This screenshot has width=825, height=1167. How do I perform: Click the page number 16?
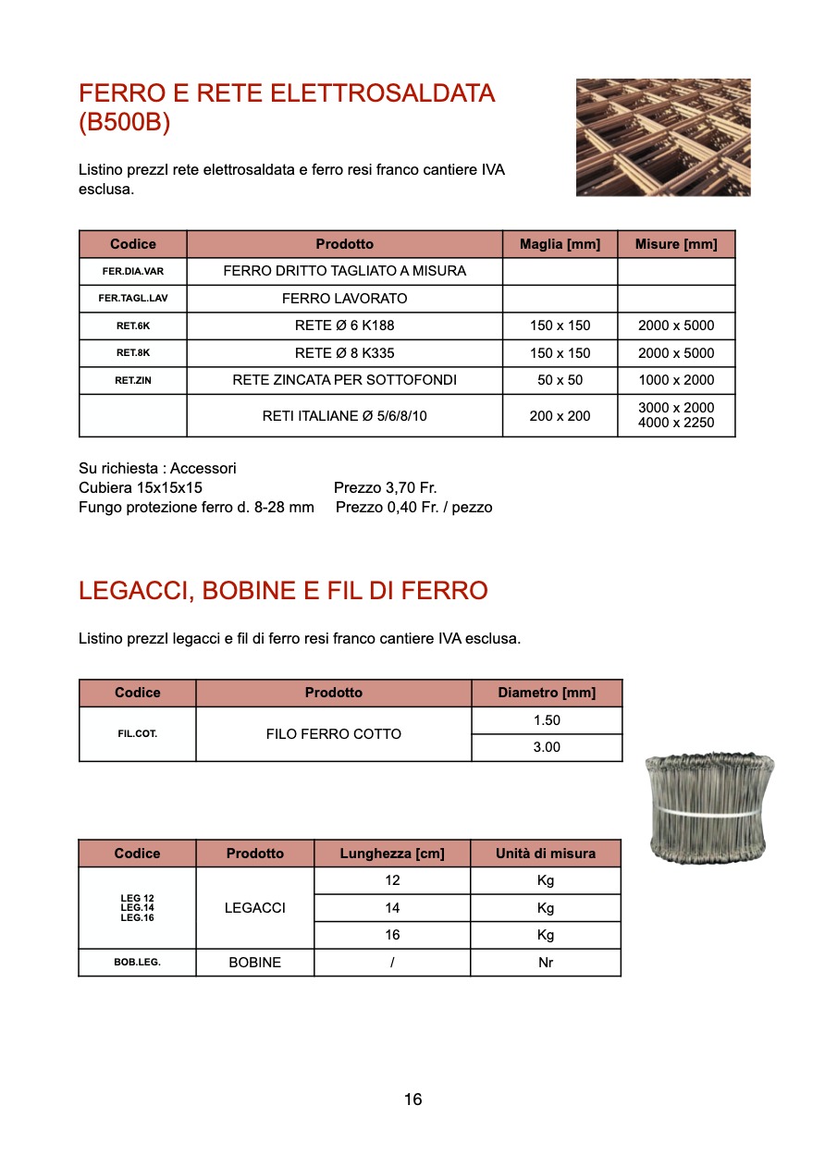[412, 1099]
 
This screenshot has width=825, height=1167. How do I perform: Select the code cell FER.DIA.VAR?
[132, 272]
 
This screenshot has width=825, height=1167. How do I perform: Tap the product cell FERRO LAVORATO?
[344, 299]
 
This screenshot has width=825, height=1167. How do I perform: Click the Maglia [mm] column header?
[560, 244]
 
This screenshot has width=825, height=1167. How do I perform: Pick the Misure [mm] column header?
[676, 244]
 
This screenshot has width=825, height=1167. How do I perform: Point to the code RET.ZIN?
[132, 380]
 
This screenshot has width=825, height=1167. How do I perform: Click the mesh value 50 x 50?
[560, 380]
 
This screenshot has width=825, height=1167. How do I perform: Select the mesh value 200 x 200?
[560, 416]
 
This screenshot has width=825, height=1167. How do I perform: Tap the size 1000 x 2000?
[676, 380]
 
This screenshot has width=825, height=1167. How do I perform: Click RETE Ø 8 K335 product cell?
[344, 353]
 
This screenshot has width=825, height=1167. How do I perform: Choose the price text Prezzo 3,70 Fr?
[385, 487]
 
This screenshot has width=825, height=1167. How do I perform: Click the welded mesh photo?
[663, 137]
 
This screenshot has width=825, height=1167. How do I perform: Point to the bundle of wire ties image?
[709, 809]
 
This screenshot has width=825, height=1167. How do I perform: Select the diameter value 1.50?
[547, 720]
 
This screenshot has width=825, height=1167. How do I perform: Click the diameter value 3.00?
[547, 747]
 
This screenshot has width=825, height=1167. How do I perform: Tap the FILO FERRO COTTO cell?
[333, 734]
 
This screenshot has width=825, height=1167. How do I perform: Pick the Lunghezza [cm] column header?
[392, 854]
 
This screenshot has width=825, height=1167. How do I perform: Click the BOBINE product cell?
[254, 963]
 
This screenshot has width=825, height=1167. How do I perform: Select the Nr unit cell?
[546, 963]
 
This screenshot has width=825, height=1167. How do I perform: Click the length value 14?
[392, 908]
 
